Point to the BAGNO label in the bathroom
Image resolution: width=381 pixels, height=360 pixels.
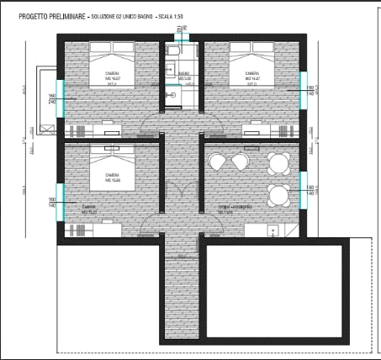click(x=183, y=74)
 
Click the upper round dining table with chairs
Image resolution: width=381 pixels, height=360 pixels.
click(x=278, y=161)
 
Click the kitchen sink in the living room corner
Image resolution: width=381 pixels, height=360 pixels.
click(x=272, y=230)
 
